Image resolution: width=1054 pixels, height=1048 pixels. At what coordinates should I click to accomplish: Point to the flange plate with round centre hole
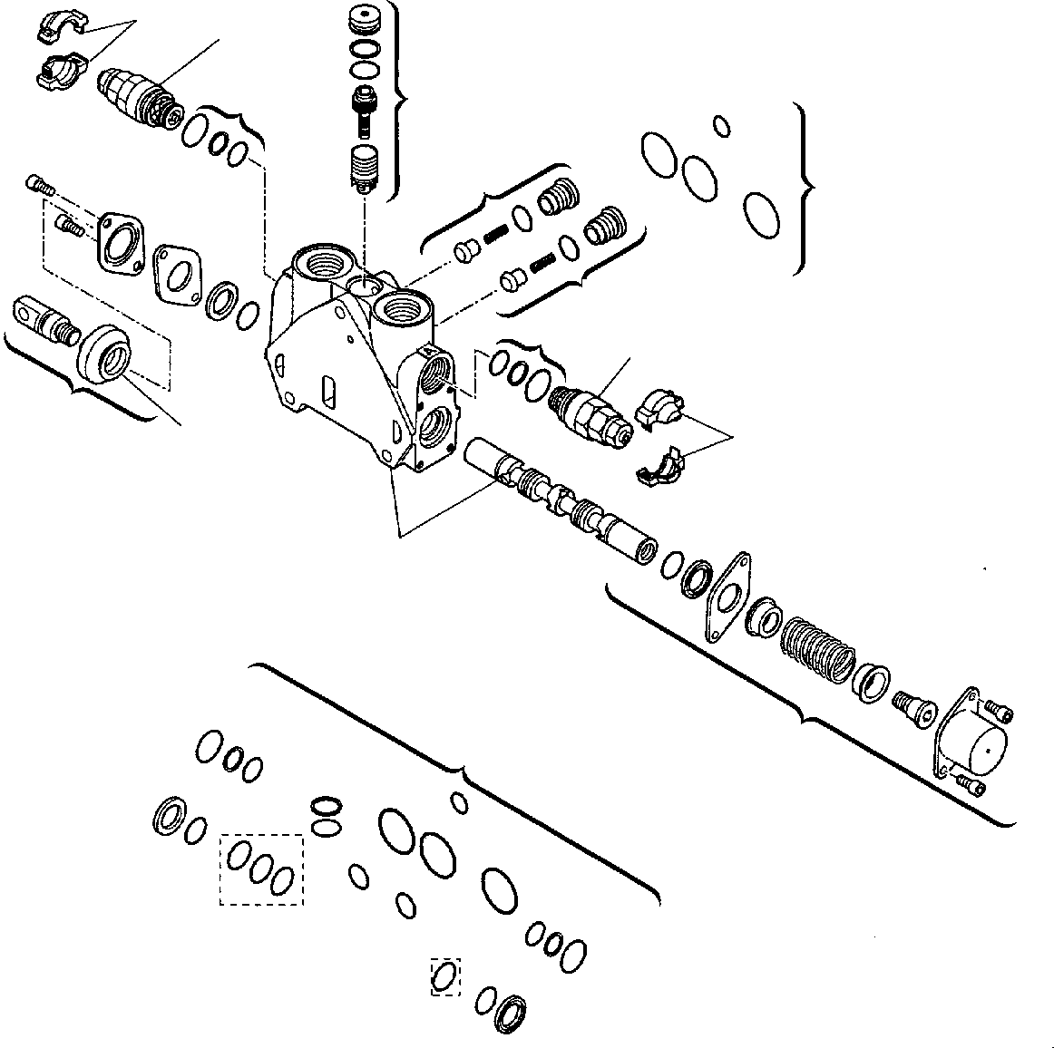[x=122, y=240]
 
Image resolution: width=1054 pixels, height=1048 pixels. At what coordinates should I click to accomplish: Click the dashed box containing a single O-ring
[x=445, y=976]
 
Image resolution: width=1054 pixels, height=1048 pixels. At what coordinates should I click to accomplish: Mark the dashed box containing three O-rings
[x=261, y=868]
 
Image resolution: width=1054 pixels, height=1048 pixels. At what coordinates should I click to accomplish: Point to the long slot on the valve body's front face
[x=329, y=393]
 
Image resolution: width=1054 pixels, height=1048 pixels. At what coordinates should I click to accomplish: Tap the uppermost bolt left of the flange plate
[x=40, y=185]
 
